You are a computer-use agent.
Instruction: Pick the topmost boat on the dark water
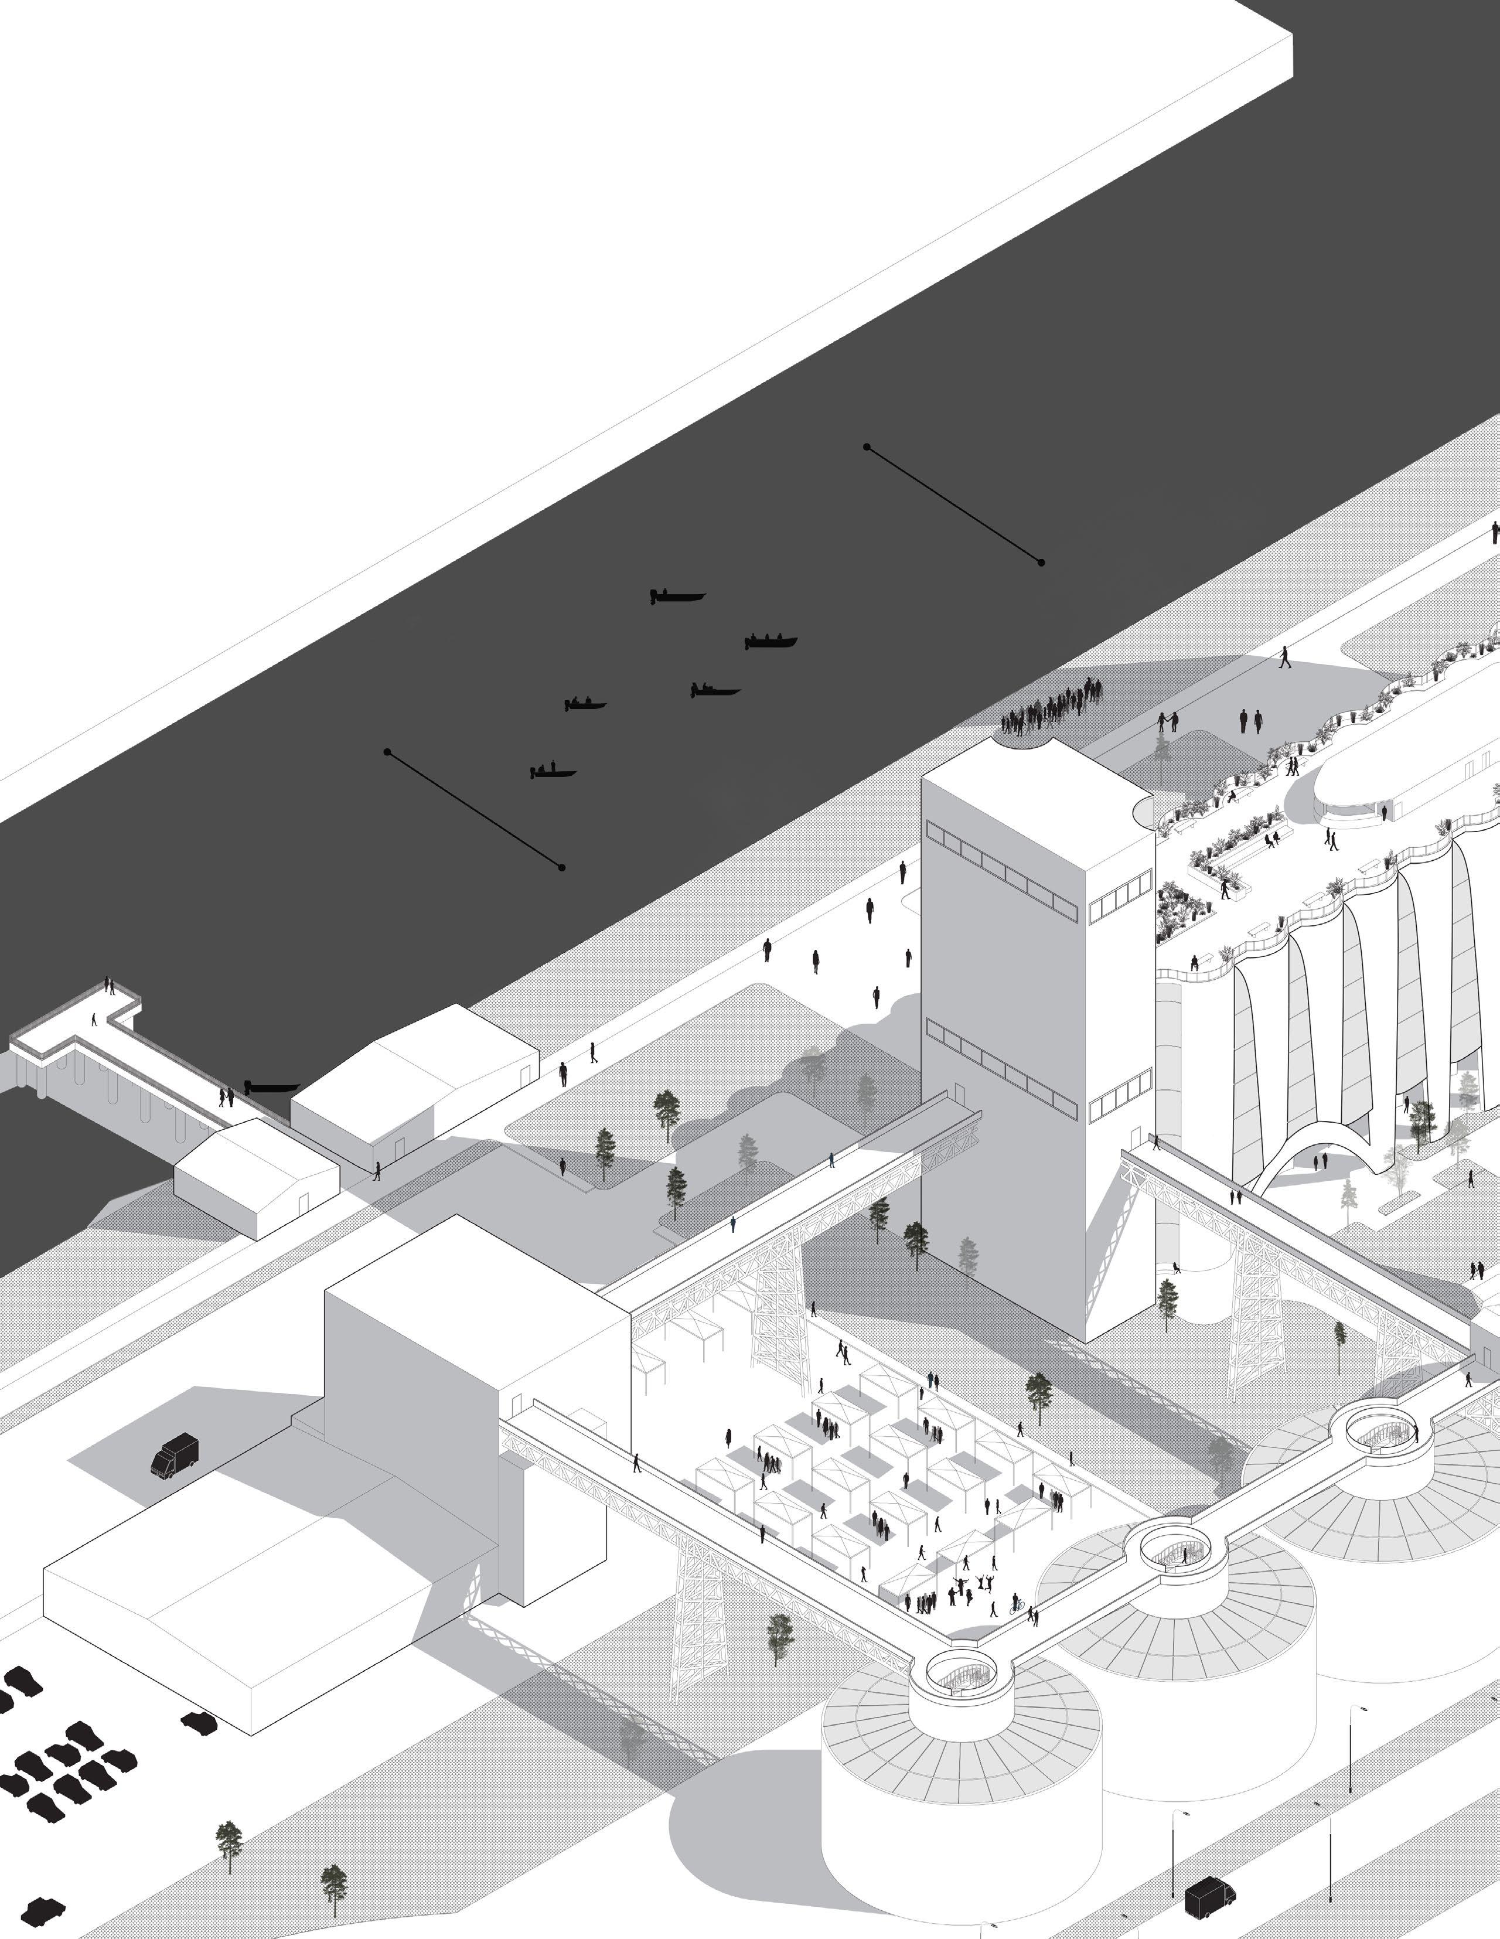(677, 597)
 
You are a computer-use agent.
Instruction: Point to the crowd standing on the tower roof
(1051, 708)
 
